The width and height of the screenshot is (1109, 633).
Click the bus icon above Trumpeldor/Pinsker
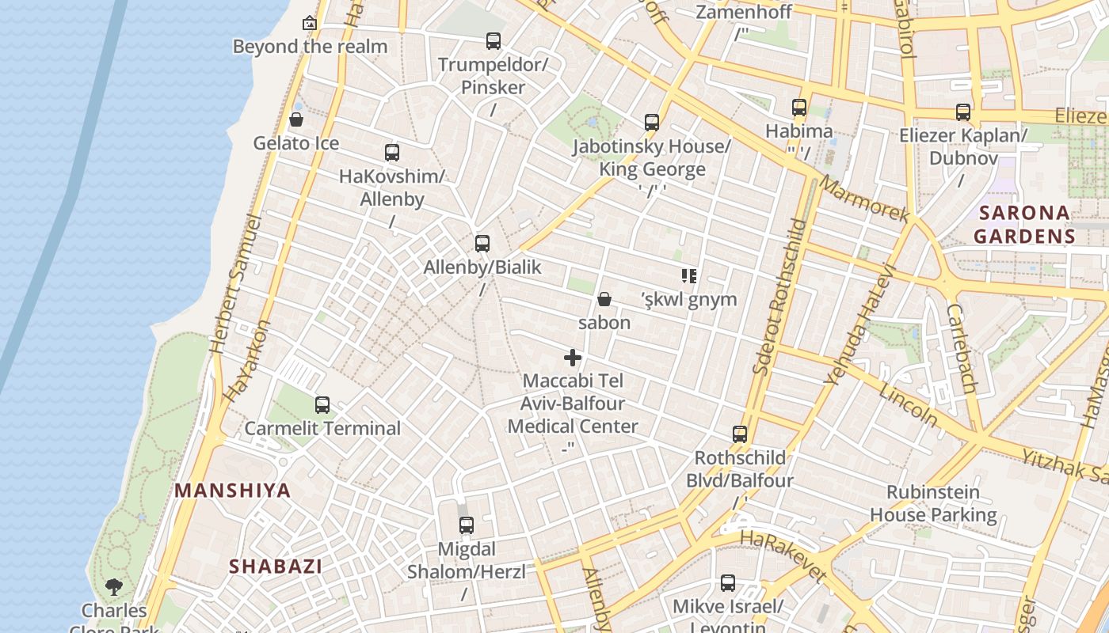[x=494, y=40]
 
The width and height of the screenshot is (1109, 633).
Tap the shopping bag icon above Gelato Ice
[x=296, y=119]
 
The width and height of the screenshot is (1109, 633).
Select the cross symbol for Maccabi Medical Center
[x=573, y=358]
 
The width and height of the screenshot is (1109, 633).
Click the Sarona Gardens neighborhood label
[x=1024, y=224]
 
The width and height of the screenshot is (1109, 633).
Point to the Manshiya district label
[x=233, y=491]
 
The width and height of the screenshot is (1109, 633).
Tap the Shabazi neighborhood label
[x=276, y=567]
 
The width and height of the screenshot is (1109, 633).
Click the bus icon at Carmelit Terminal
[x=322, y=405]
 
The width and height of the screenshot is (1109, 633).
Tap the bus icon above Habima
[x=799, y=107]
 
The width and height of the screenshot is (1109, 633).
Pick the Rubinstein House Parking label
[x=933, y=503]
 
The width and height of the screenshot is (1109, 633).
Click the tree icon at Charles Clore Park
[x=114, y=586]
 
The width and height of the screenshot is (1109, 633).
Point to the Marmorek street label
[x=864, y=198]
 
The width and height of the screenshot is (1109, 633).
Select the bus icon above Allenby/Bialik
[x=482, y=243]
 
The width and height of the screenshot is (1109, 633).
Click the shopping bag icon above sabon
[x=604, y=299]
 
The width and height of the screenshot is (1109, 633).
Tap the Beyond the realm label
[x=310, y=47]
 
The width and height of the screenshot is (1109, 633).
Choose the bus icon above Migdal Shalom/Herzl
[x=467, y=525]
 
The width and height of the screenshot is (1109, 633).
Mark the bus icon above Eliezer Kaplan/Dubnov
[x=963, y=112]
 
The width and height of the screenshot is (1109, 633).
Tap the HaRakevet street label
[x=783, y=557]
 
